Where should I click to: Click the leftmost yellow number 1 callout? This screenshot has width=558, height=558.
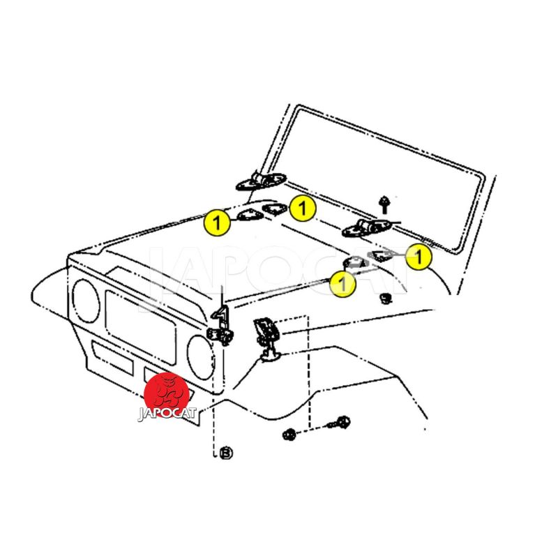tap(217, 223)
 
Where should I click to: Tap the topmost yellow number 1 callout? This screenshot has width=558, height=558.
tap(303, 208)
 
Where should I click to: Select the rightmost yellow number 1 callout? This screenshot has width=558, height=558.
tap(419, 256)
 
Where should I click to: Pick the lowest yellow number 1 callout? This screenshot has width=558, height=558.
tap(342, 284)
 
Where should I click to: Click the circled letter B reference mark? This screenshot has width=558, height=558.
tap(226, 453)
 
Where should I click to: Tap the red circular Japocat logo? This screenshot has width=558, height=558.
tap(166, 395)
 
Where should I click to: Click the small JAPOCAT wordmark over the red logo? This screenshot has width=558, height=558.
tap(167, 414)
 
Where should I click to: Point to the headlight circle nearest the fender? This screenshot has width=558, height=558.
tap(201, 357)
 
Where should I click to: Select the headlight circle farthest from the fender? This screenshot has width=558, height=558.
tap(86, 301)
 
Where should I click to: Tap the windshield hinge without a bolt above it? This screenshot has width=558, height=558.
tap(262, 181)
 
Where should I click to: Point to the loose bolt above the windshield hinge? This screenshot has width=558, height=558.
tap(384, 204)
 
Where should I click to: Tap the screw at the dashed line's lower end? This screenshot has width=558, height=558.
tap(340, 423)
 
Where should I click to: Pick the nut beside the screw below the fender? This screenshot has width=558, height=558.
tap(289, 435)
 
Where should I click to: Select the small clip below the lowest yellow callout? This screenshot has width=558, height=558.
tap(385, 298)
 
